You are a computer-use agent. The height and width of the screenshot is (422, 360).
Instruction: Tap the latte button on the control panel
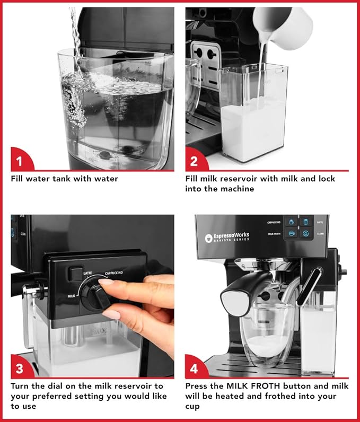pos(306,222)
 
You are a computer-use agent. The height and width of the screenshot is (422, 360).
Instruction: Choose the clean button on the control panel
pos(306,233)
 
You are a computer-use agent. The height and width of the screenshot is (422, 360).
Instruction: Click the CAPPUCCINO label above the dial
pos(114,271)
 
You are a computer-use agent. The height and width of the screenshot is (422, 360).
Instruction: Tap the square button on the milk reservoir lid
pos(74,272)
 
